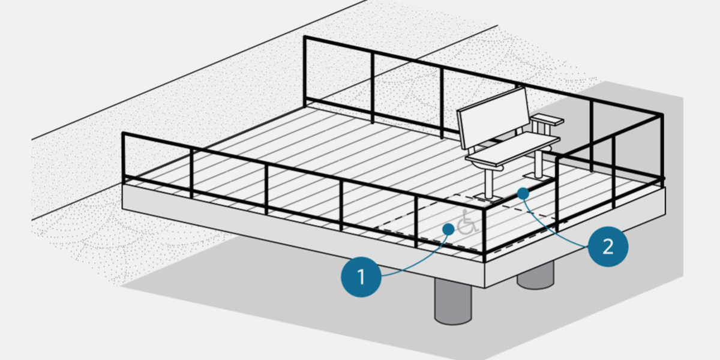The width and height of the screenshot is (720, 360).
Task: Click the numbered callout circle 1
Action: (x=361, y=277)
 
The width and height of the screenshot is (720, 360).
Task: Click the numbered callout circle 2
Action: (x=608, y=245)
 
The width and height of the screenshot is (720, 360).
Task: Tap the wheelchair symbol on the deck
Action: (x=467, y=224)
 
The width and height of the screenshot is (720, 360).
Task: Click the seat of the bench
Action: (x=513, y=152)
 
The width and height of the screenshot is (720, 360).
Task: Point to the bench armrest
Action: (x=547, y=120)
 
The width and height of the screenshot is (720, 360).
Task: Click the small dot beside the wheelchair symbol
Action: (x=448, y=229)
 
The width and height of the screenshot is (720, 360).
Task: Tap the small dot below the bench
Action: (x=523, y=193)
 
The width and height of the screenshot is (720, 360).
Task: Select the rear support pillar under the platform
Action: (x=535, y=277)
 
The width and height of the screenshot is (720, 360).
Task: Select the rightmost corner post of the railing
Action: (x=662, y=147)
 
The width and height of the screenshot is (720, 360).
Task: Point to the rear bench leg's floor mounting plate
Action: (x=536, y=176)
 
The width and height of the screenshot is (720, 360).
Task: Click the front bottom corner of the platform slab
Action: (x=484, y=287)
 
